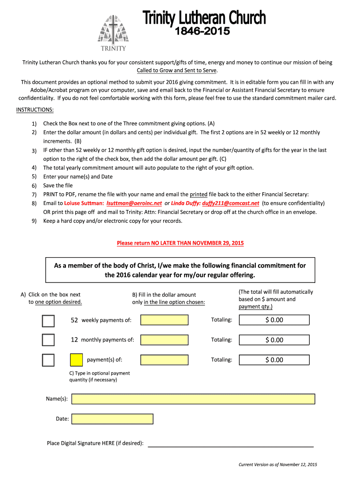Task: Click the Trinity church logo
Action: point(112,33)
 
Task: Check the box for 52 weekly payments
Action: point(48,320)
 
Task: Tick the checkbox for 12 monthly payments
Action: point(48,340)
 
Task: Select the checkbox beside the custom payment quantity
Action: point(48,360)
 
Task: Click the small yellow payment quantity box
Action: point(76,360)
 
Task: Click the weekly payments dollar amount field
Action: point(165,320)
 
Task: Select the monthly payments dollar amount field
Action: point(165,340)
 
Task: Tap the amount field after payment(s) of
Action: point(165,360)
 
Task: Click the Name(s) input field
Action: point(193,399)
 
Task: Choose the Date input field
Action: point(113,419)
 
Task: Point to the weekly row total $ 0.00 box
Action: point(274,320)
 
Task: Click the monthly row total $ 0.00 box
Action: point(274,340)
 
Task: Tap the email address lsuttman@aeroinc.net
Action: point(134,203)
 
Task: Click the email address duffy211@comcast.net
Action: point(230,203)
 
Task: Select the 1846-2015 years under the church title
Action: point(202,32)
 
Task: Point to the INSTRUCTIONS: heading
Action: point(35,110)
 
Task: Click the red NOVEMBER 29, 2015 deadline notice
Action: point(180,243)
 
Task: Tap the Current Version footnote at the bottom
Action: point(278,464)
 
